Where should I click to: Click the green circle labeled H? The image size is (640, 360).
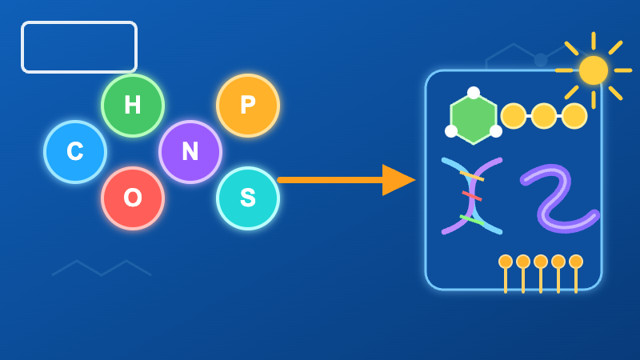coord(133,106)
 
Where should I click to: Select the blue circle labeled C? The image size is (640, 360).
coord(75,151)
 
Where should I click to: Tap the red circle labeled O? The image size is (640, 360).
coord(133,198)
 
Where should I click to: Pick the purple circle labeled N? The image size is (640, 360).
coord(190,151)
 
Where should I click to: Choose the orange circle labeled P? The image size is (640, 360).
coord(248,106)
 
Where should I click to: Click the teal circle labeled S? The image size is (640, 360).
coord(248,198)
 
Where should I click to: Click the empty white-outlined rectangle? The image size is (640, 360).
coord(79,22)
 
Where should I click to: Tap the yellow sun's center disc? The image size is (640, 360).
coord(594,70)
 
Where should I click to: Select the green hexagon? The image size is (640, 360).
coord(474,118)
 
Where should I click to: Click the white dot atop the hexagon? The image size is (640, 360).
coord(474,93)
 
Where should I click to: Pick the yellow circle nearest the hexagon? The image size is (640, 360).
coord(514,116)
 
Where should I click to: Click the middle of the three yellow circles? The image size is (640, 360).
coord(544,116)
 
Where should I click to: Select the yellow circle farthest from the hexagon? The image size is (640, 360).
coord(574,116)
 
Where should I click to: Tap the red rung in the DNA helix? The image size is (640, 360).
coord(472,196)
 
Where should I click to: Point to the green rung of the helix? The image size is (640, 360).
coord(472,220)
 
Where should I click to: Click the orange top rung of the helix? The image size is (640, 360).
coord(472,176)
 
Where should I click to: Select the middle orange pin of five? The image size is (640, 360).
coord(541,262)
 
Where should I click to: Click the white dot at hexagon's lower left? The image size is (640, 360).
coord(451,131)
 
